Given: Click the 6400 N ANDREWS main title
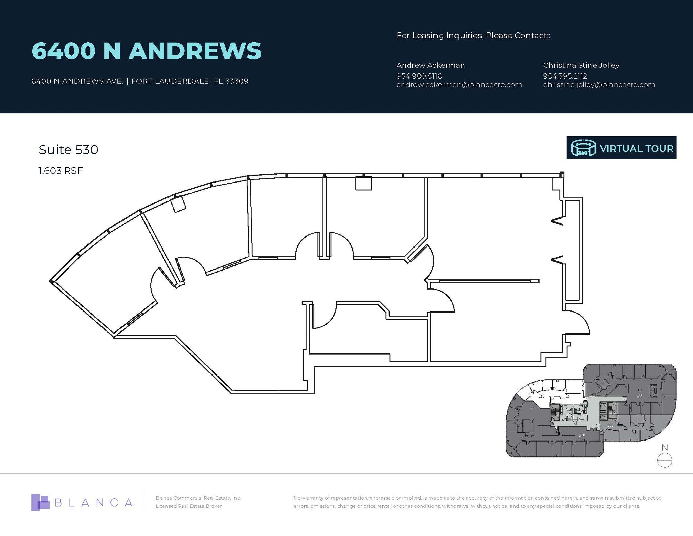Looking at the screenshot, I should point(146,51).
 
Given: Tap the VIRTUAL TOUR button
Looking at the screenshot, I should point(621,148).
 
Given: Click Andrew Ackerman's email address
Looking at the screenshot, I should point(459,85).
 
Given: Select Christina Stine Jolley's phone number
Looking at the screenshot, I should point(565,76).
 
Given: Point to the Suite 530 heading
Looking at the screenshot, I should point(68,150).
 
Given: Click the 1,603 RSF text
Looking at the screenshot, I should point(61,171).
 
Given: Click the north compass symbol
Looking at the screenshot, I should point(664,460).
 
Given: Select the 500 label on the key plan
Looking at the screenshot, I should point(640,395).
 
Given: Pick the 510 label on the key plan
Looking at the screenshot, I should point(582,435).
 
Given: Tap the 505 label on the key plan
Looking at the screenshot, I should point(610,425).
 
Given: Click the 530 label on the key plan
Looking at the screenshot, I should point(541,396).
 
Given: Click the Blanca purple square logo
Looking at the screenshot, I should point(40,502).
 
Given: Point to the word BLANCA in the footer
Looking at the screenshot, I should point(93,502).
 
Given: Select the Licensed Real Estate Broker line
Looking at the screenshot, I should point(188,506).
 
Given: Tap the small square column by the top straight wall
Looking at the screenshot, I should point(363,184).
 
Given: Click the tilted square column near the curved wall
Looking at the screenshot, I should point(178,205).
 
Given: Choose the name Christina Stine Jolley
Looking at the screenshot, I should point(581,65).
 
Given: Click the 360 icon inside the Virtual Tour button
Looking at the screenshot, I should point(583,148).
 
